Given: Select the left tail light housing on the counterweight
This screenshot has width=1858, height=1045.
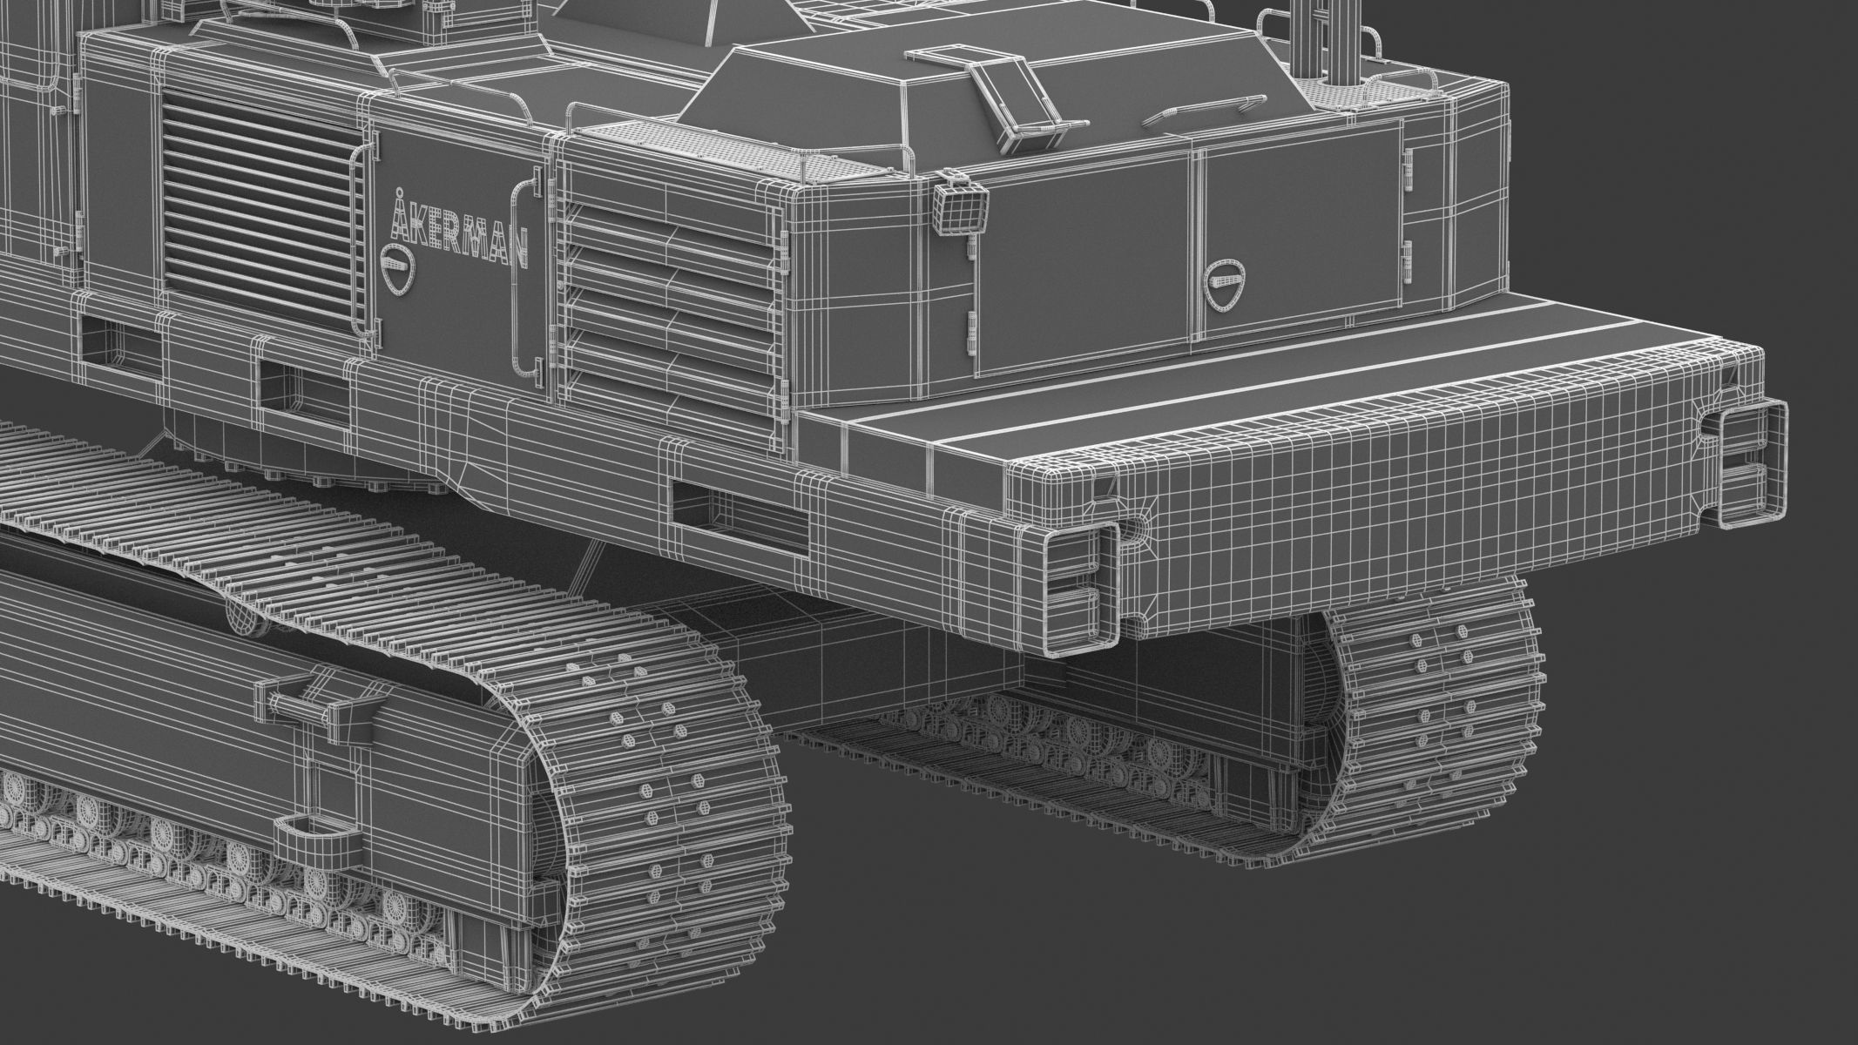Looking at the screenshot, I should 1081,593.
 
